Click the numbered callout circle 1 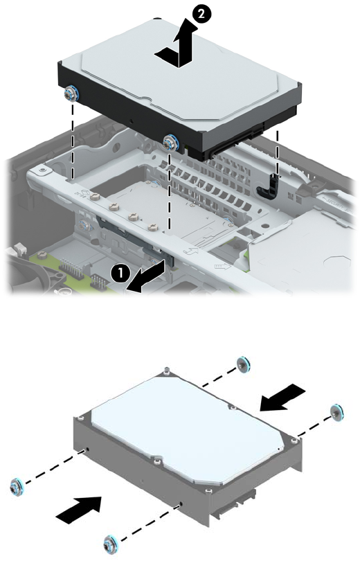click(120, 274)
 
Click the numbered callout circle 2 click(201, 14)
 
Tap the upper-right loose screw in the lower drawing click(243, 364)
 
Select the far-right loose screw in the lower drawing click(336, 413)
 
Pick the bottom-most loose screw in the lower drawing click(110, 545)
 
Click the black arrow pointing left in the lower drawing click(282, 398)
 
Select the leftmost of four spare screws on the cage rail click(94, 197)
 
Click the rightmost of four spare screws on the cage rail click(153, 226)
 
